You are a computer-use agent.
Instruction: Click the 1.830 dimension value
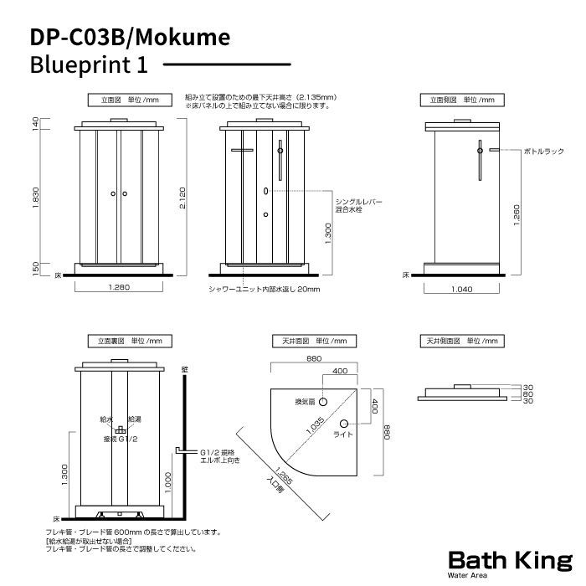pyautogui.click(x=35, y=199)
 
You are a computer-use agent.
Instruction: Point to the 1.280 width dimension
pyautogui.click(x=119, y=287)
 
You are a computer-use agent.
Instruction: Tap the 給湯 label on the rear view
pyautogui.click(x=135, y=418)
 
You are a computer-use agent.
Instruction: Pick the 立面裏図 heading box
pyautogui.click(x=130, y=342)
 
